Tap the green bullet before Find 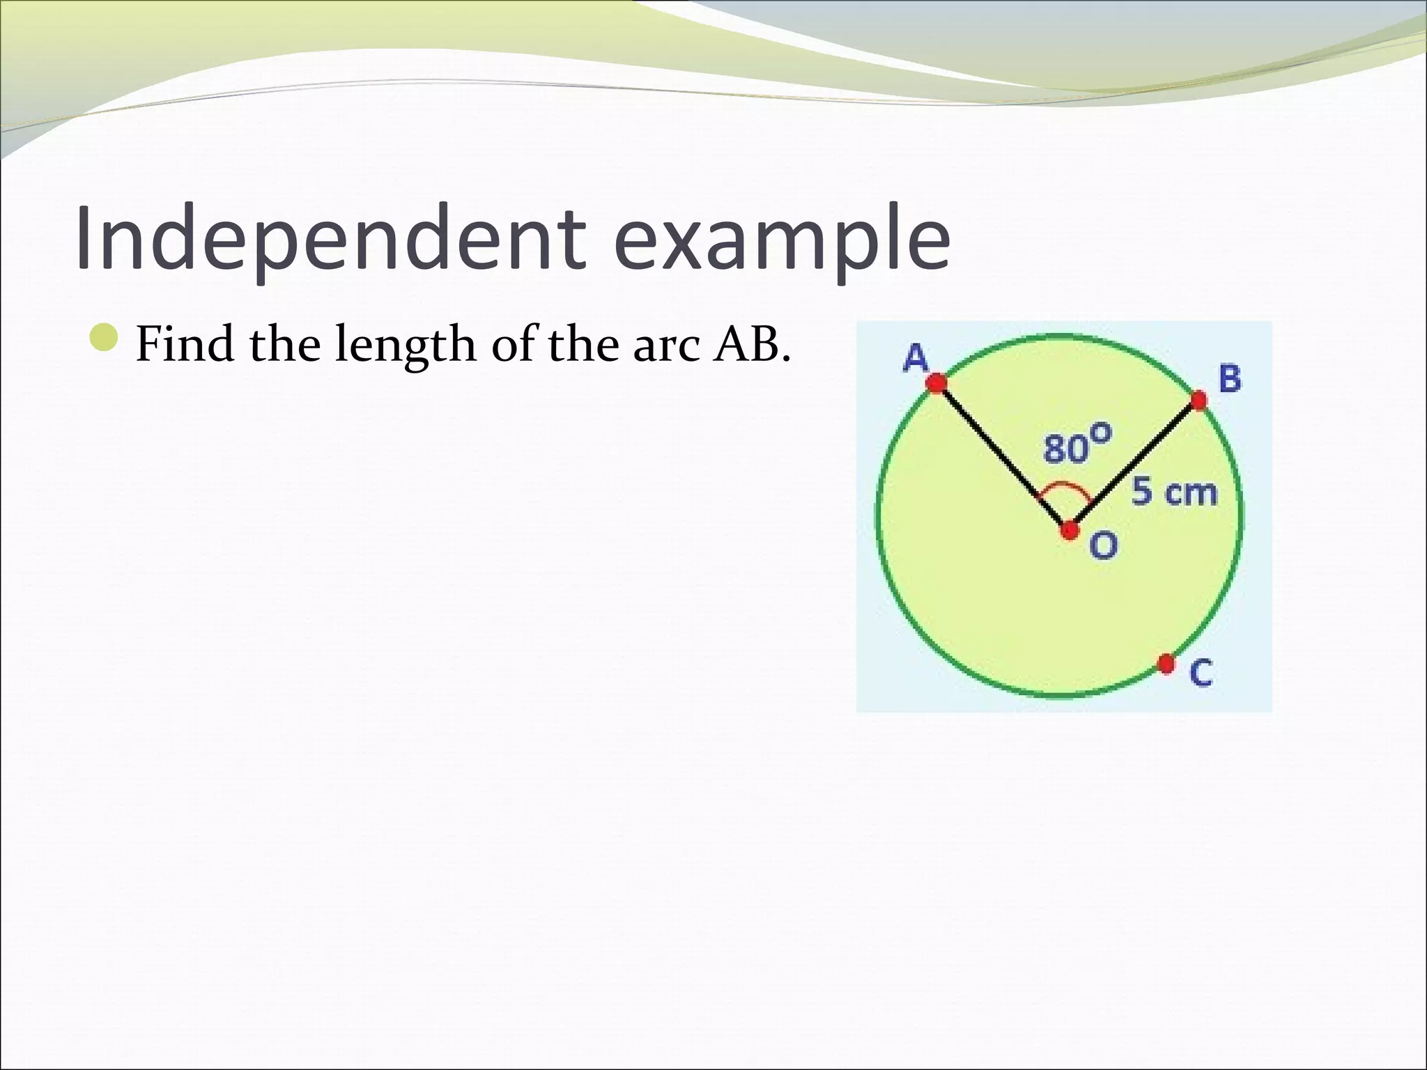(107, 339)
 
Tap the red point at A (936, 382)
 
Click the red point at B (1198, 401)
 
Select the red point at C (1166, 664)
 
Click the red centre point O (1070, 531)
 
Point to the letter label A (916, 359)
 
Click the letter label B (1230, 379)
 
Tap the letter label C (1201, 673)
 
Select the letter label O (1103, 545)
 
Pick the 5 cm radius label (1174, 493)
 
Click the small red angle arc (1065, 487)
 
